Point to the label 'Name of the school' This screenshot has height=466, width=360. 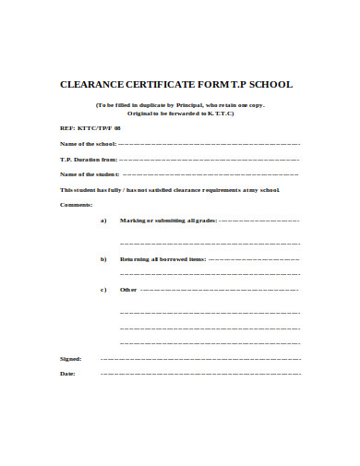(x=88, y=145)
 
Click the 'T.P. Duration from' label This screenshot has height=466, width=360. (x=89, y=160)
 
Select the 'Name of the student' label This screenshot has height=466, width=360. (x=90, y=174)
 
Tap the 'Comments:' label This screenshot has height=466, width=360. (x=77, y=204)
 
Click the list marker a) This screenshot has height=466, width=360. (x=103, y=221)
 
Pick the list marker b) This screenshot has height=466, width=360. (x=103, y=260)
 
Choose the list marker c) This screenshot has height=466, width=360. (x=103, y=290)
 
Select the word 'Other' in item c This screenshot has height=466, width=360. (x=128, y=290)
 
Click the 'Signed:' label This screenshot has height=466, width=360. (x=70, y=358)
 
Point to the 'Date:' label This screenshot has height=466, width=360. (x=67, y=374)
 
